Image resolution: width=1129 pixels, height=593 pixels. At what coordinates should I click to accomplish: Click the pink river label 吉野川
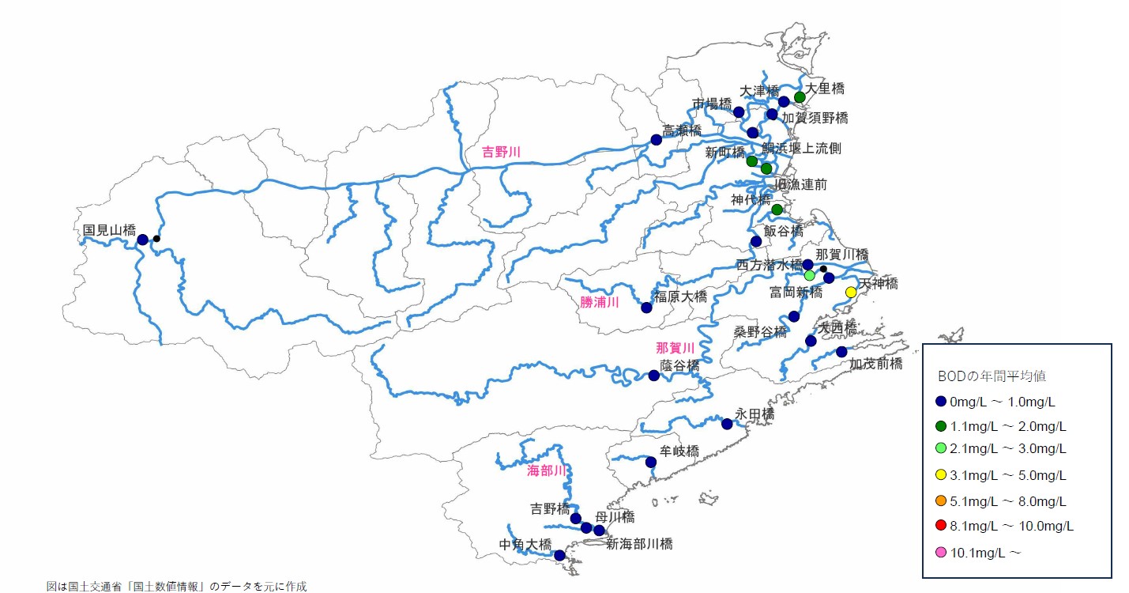(502, 152)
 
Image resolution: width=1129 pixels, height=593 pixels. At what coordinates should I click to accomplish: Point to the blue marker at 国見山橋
(142, 240)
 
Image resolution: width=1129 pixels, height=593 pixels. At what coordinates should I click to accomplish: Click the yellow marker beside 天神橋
(851, 293)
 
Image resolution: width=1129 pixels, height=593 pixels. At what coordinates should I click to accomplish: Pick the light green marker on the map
(809, 276)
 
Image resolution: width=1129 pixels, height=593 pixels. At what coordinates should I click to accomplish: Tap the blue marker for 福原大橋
(646, 308)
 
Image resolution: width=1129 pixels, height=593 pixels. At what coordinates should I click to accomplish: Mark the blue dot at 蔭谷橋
(653, 376)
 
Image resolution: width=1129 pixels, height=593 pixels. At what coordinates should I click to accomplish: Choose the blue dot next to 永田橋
(727, 425)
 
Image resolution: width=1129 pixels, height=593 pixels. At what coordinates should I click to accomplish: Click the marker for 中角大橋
(559, 556)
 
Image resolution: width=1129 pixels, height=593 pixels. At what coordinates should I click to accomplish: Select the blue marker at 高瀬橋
(656, 140)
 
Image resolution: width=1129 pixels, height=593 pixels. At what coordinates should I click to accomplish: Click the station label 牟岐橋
(679, 451)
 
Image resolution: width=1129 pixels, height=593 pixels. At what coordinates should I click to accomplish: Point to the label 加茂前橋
(876, 364)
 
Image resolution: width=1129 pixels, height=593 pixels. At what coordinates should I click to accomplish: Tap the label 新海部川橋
(639, 544)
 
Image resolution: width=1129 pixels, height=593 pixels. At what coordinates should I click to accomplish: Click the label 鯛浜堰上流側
(802, 149)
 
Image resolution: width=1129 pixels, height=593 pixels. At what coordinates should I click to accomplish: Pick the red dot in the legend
(940, 526)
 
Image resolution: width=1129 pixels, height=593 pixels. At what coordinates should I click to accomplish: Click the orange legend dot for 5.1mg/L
(940, 501)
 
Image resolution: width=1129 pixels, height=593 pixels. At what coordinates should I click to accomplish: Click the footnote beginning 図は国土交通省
(176, 586)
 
